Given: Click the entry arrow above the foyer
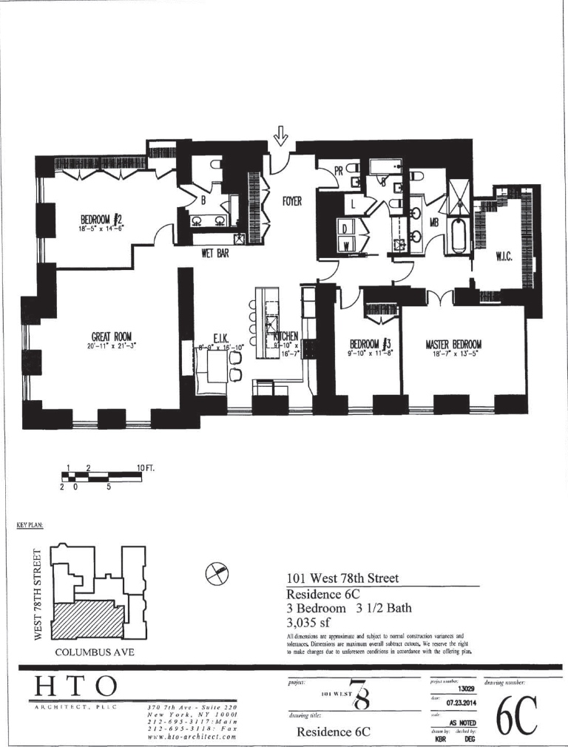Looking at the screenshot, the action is [280, 136].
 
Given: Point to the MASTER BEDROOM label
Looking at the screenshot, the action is [453, 345].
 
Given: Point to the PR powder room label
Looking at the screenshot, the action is [339, 171].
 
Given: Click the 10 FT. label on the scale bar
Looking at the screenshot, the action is [145, 468].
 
